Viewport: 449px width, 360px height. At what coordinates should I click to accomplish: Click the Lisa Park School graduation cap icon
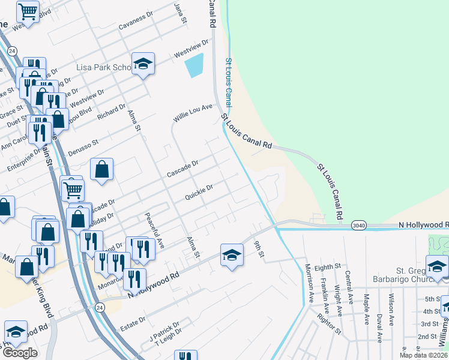coord(143,65)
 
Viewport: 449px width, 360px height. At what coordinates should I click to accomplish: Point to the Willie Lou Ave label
coord(193,112)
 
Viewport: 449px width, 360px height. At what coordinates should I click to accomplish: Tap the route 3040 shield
coord(358,225)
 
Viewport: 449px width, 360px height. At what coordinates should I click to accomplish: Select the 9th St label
coord(259,248)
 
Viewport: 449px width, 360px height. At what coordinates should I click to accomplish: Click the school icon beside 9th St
coord(232,256)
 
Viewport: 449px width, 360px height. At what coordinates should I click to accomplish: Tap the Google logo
coord(20,353)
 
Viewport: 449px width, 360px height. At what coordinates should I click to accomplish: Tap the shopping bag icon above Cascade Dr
coord(102,170)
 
